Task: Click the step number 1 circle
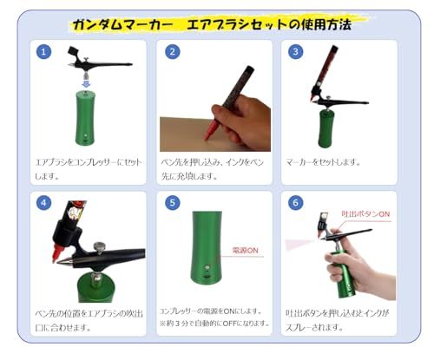pos(44,52)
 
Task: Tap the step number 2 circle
pos(173,52)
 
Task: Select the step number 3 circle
pos(298,52)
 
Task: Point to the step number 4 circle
pos(44,204)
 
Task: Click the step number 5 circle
pos(173,204)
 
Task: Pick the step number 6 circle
pos(298,204)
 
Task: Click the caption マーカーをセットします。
pos(323,162)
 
